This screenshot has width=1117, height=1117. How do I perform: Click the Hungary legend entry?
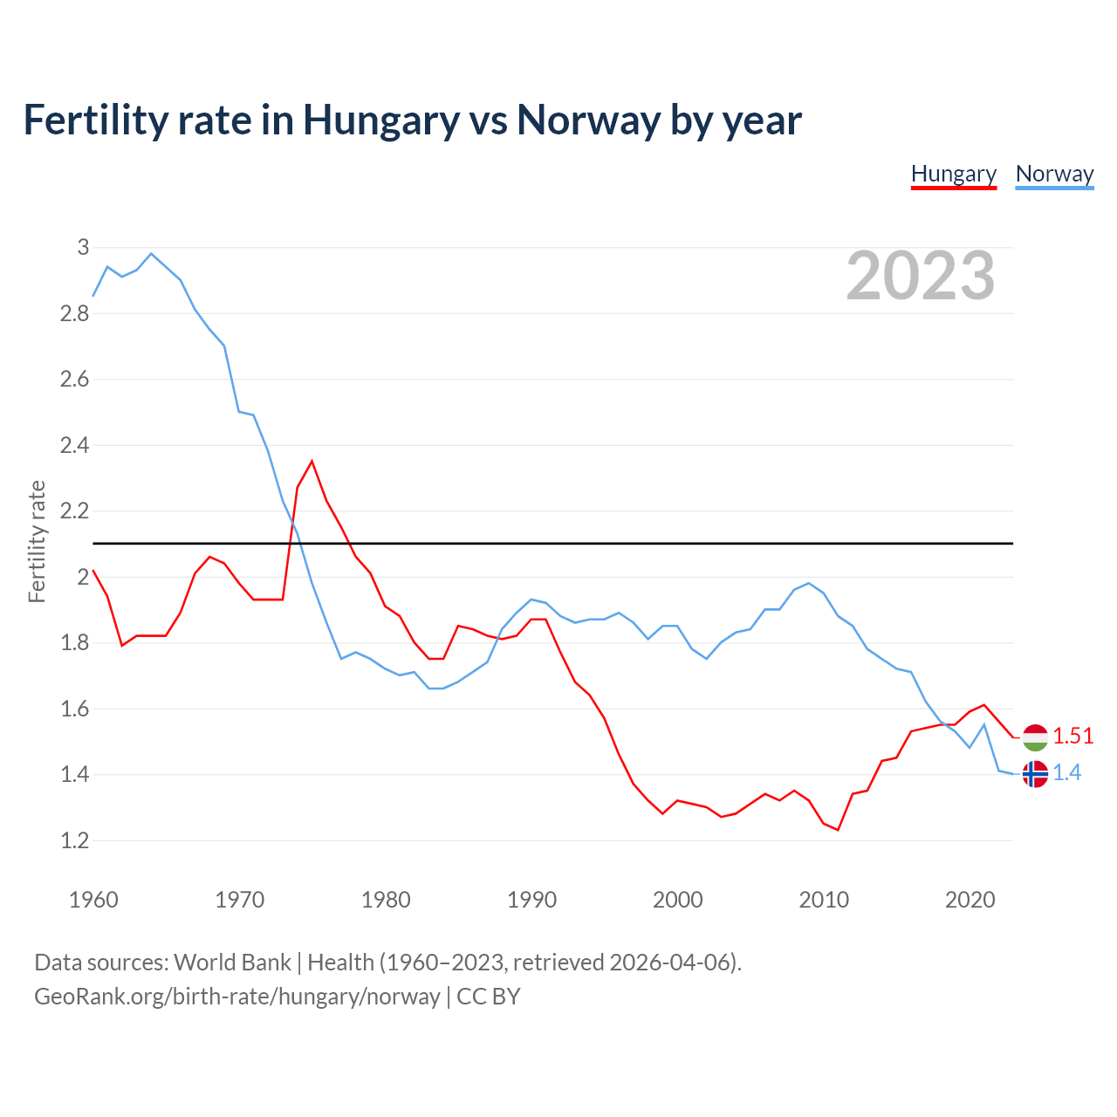click(x=953, y=174)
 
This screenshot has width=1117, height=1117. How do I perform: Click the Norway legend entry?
click(x=1054, y=174)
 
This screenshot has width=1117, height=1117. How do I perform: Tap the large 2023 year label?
click(x=921, y=276)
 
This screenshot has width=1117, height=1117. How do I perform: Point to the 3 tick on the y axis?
click(x=83, y=248)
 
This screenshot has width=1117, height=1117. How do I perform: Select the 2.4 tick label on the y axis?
click(x=74, y=446)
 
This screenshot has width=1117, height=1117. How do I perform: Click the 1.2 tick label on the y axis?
click(x=74, y=841)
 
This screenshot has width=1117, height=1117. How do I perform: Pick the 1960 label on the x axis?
click(x=93, y=900)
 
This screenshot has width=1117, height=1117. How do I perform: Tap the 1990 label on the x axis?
click(x=531, y=900)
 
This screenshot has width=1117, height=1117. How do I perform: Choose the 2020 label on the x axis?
click(x=970, y=900)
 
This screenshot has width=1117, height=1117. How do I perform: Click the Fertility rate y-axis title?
click(x=37, y=541)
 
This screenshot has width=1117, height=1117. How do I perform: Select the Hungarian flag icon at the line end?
click(x=1035, y=737)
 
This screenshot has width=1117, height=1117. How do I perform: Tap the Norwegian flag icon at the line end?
click(x=1035, y=774)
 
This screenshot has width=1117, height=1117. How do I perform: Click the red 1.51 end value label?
click(x=1072, y=737)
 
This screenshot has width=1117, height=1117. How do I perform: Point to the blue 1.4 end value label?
click(x=1066, y=773)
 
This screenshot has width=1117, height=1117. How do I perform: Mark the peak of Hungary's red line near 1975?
click(x=312, y=461)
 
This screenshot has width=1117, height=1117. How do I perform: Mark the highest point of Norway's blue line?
click(x=151, y=254)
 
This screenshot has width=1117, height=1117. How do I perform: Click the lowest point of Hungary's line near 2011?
click(x=838, y=830)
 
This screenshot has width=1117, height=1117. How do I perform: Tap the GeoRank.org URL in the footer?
click(x=236, y=997)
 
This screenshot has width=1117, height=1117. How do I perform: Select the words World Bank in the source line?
click(x=232, y=963)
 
